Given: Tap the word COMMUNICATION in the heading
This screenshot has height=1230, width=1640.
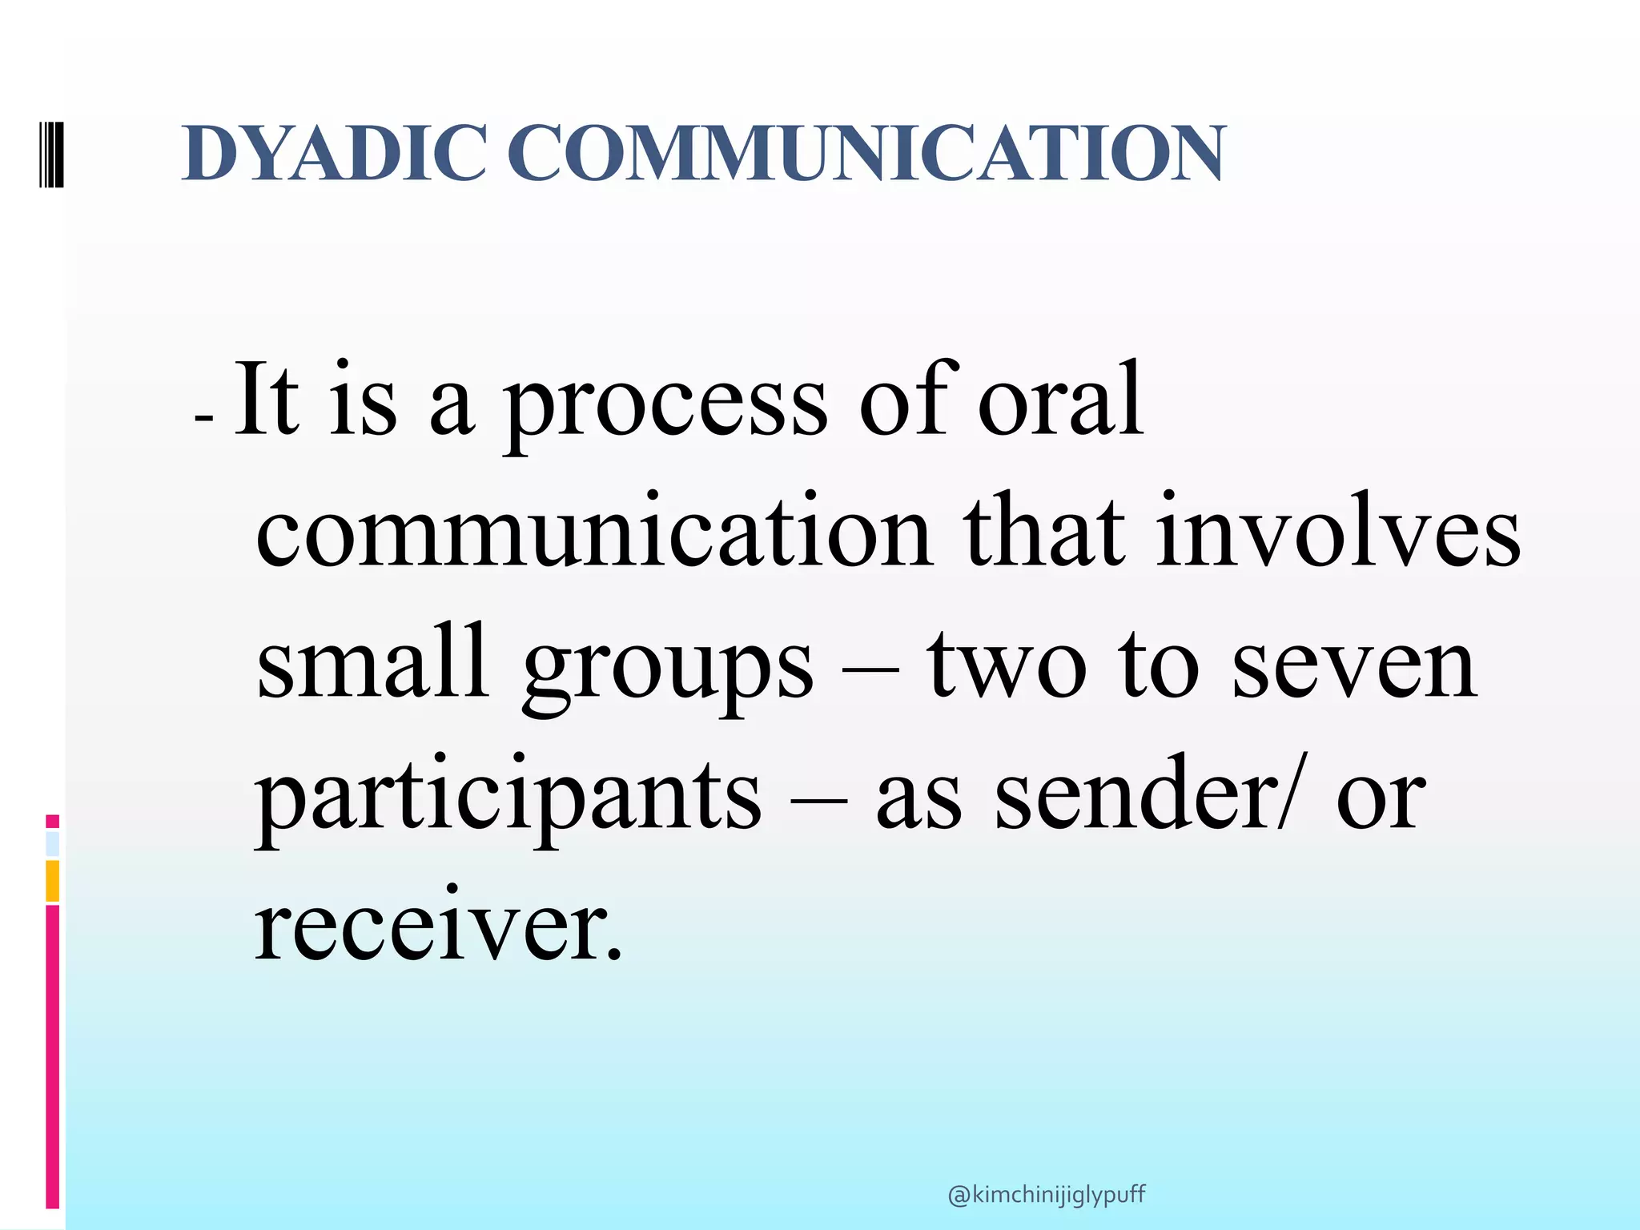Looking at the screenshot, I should (x=865, y=153).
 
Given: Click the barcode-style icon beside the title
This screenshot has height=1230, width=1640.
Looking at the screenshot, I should (x=50, y=153).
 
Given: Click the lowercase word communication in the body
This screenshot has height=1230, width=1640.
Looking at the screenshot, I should (x=593, y=533).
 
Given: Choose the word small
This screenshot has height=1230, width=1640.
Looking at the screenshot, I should (x=373, y=662).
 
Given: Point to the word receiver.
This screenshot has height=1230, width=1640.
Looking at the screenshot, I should (x=436, y=926).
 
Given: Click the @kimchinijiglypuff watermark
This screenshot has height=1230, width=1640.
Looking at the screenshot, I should (x=1046, y=1195).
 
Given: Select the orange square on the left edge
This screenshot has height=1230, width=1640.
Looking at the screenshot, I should (x=53, y=881).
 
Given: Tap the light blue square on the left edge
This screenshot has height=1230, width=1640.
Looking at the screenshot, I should (x=53, y=844).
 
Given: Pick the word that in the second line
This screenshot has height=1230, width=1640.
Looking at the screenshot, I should (x=1044, y=533).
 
